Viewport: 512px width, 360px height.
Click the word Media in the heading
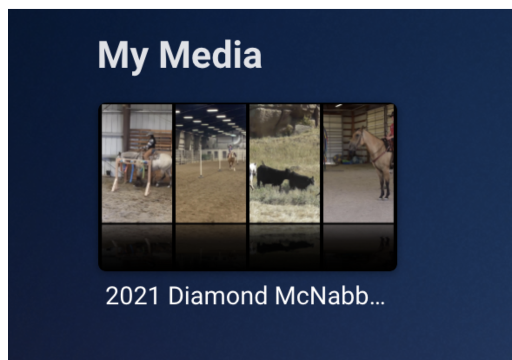211,54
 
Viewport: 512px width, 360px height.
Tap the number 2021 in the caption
133,296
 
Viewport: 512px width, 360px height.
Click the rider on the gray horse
150,146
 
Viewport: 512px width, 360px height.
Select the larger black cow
273,176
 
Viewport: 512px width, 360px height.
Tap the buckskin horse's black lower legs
384,190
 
